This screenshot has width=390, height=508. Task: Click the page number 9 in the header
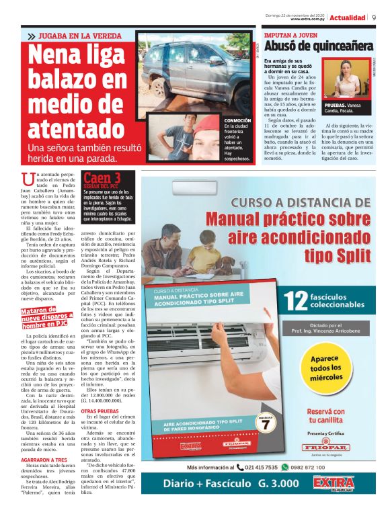pos(374,17)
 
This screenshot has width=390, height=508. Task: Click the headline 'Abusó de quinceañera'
pos(318,46)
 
